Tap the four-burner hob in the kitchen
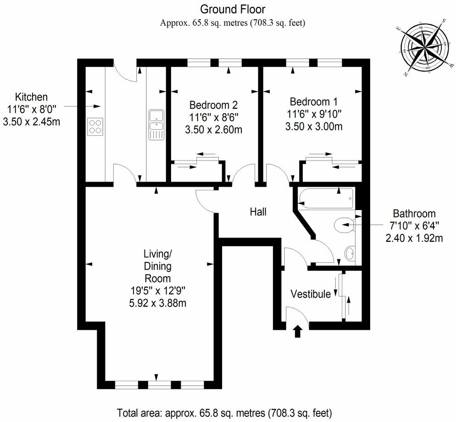pos(95,126)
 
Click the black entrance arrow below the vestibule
pos(298,331)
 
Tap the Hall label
pos(258,212)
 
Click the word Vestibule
pos(311,294)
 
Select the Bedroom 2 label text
pos(214,104)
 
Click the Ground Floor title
pos(233,9)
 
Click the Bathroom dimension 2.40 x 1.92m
pos(414,238)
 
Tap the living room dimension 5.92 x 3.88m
pos(157,303)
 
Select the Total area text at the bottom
pos(224,411)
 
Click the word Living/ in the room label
pos(157,254)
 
